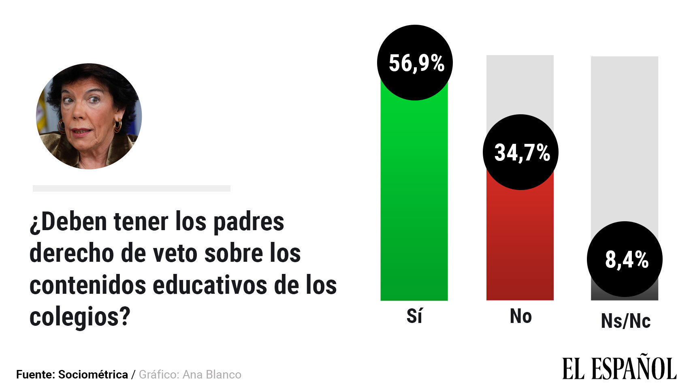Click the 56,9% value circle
(414, 63)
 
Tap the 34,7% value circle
(520, 152)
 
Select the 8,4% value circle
(625, 259)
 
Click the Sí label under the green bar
(414, 316)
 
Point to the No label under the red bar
(520, 316)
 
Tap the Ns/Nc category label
(625, 321)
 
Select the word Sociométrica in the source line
(93, 374)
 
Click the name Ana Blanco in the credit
(212, 374)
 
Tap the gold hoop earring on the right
(118, 126)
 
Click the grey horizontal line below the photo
(131, 188)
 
